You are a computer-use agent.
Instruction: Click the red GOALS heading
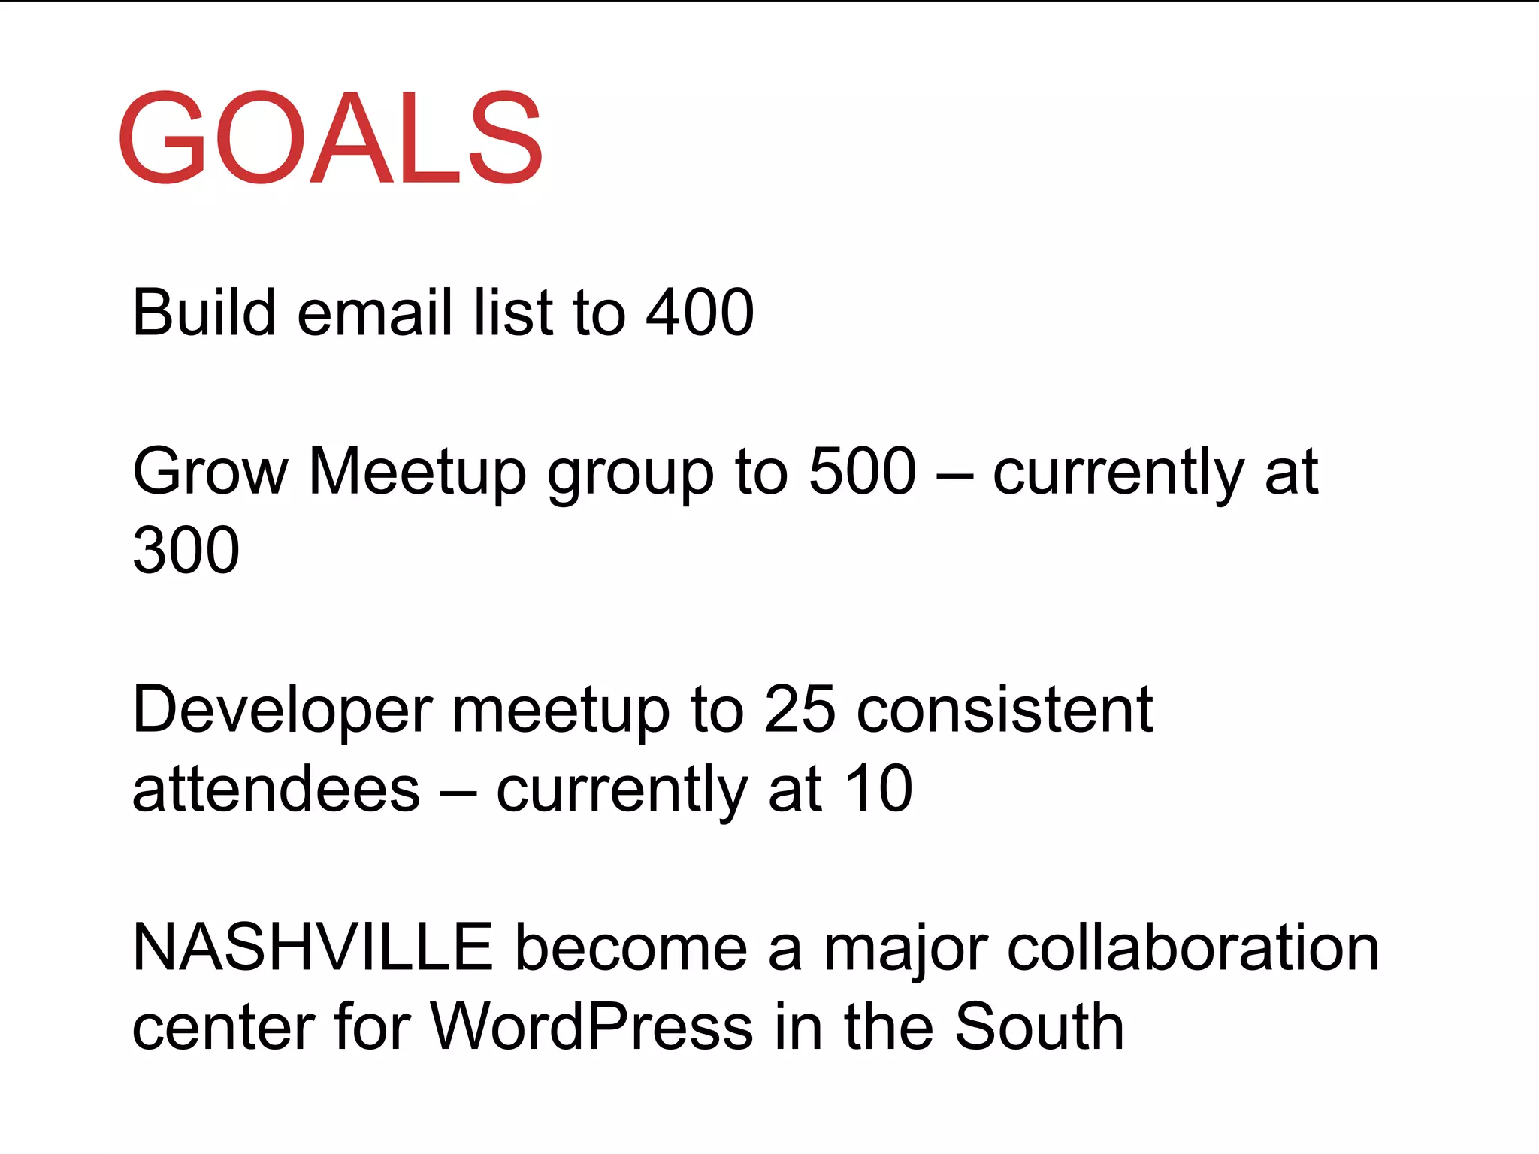point(331,137)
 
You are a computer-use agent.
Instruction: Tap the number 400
point(700,313)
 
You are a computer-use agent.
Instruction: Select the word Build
point(204,313)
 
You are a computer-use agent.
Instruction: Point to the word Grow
point(210,472)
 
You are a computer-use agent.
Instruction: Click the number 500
point(862,472)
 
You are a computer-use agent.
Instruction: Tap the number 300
point(186,551)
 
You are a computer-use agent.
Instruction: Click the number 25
point(799,710)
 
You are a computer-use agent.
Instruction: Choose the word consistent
point(1005,710)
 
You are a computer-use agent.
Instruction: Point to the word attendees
point(276,790)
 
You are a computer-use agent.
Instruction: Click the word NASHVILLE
point(312,948)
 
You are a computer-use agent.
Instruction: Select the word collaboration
point(1193,948)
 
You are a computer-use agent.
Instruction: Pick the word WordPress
point(591,1027)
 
